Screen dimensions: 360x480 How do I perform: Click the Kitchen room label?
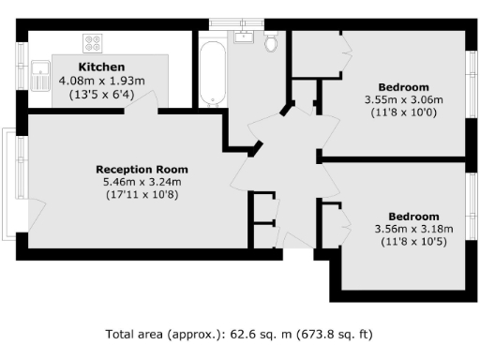tap(101, 67)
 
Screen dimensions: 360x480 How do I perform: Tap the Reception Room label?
tap(138, 169)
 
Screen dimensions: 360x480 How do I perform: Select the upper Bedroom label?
tap(403, 87)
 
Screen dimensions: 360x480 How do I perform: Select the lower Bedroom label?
tap(413, 216)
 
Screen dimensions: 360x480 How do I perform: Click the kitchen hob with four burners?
tap(93, 42)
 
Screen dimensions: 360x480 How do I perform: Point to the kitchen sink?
tap(40, 76)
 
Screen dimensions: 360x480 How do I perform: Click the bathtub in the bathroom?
tap(211, 72)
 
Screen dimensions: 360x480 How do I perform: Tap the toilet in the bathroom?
tap(272, 42)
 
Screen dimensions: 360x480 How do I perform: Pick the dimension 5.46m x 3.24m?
tap(138, 182)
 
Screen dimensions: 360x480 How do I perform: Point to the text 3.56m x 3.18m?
tap(413, 229)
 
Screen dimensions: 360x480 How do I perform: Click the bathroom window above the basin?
tap(235, 22)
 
